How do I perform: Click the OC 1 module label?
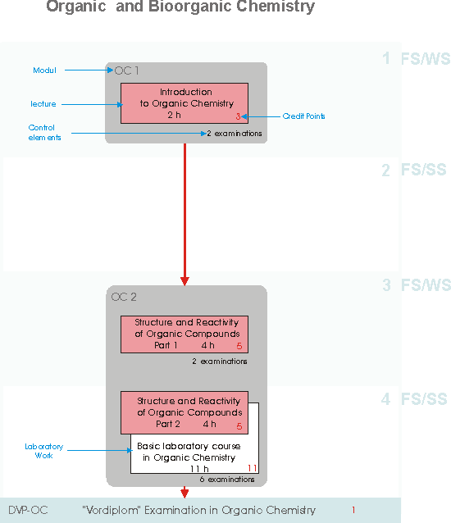point(126,70)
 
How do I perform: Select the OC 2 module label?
point(124,297)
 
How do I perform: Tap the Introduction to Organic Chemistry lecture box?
point(184,103)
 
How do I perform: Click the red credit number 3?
point(238,116)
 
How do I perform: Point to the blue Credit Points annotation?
point(303,116)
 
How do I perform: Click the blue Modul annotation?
point(44,70)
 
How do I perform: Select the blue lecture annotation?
point(43,104)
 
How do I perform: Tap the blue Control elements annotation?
point(44,133)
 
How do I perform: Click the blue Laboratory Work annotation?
point(43,451)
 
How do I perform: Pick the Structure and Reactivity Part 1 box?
point(184,334)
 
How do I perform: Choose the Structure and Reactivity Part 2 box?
point(184,412)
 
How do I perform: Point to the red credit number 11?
point(252,468)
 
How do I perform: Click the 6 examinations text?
point(227,480)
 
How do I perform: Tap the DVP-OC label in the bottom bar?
point(28,510)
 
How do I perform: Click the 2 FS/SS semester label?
point(414,170)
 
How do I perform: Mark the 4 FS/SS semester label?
point(414,399)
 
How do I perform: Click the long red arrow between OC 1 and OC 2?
point(184,215)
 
